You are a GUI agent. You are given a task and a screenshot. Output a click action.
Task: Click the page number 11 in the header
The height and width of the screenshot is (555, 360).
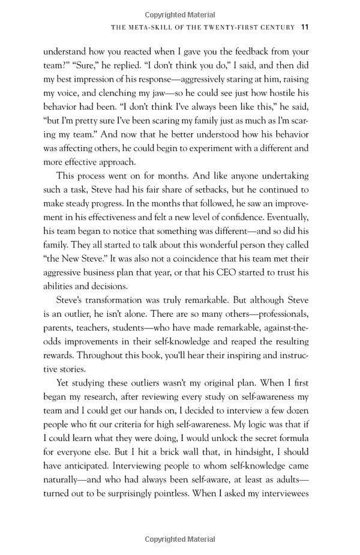coord(304,27)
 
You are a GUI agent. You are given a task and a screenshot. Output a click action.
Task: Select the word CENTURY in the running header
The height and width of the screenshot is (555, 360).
coord(275,28)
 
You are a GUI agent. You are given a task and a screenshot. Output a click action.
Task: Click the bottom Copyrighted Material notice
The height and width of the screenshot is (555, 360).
coord(179,539)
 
